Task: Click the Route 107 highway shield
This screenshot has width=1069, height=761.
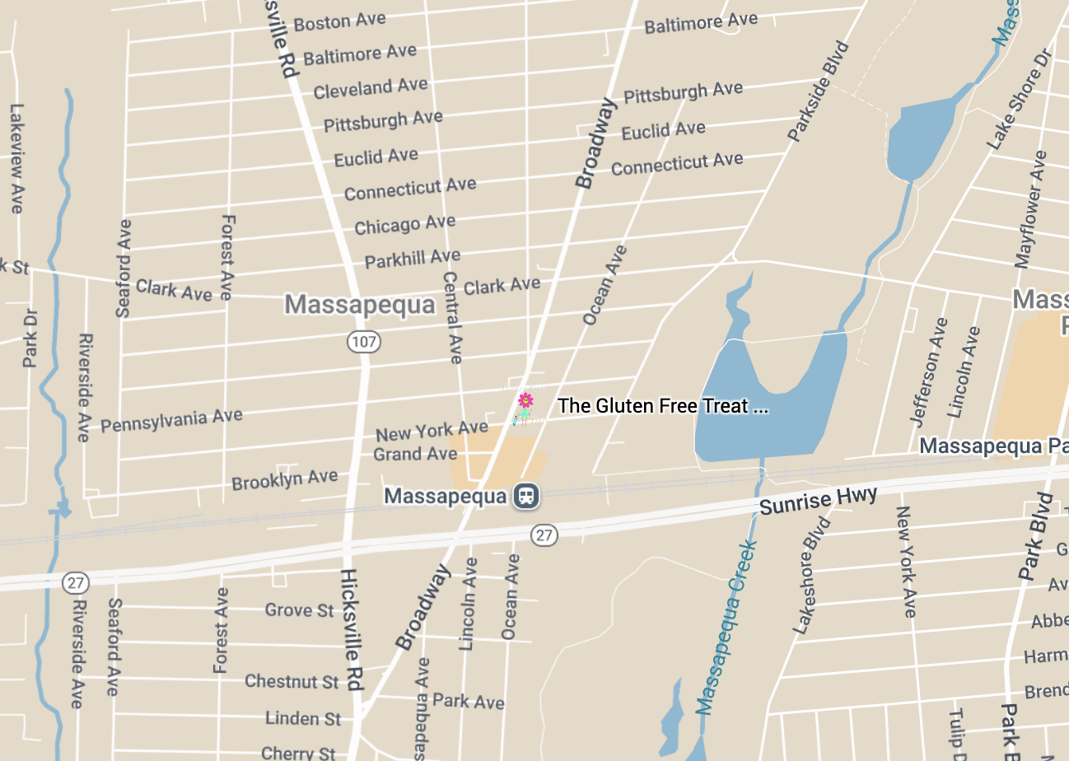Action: click(363, 342)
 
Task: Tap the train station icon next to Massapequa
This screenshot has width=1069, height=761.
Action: click(526, 496)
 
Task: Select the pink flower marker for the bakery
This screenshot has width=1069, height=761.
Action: click(525, 401)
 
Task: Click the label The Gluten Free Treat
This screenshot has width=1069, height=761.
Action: click(662, 406)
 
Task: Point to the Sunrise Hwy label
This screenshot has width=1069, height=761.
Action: click(818, 500)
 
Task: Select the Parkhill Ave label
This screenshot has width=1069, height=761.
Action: click(412, 259)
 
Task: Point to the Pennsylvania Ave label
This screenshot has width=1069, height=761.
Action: click(171, 420)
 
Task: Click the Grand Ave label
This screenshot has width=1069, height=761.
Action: click(415, 454)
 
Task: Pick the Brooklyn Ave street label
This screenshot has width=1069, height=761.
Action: click(284, 479)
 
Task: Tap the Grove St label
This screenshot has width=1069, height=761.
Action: click(300, 610)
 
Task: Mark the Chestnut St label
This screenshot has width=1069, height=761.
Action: click(292, 682)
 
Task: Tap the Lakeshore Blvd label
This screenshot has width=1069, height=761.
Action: click(812, 575)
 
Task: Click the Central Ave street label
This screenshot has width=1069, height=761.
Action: click(452, 317)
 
